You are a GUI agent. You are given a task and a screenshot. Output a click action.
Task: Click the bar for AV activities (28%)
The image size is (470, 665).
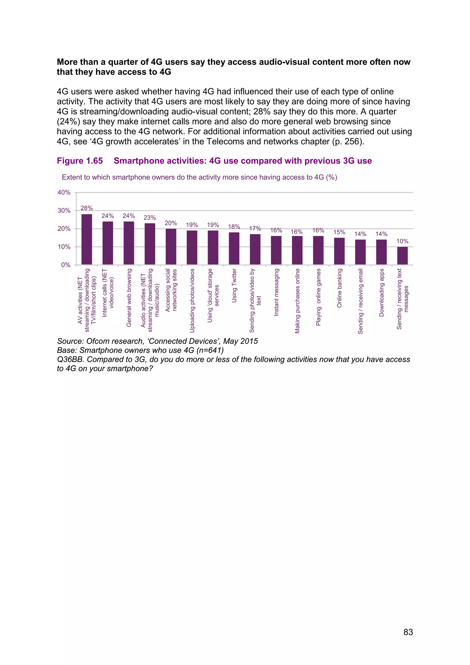point(87,239)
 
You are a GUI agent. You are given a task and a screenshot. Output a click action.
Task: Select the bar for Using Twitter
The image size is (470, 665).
point(234,248)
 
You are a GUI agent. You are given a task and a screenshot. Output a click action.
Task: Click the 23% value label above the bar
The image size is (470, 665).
point(150,217)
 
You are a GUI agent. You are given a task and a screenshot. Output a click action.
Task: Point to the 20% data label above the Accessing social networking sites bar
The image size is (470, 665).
point(171,223)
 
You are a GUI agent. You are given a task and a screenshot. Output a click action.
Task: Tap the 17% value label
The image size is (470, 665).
point(255,228)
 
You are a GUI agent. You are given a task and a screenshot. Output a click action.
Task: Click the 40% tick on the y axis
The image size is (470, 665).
point(64,192)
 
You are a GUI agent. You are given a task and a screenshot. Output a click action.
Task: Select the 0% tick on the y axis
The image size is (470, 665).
point(66,265)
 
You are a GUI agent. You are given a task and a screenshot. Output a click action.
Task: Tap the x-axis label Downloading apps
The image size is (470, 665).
point(381,293)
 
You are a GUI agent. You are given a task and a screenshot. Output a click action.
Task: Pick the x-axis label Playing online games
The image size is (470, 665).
point(318,297)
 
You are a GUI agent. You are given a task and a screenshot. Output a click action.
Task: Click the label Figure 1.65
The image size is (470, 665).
point(80,161)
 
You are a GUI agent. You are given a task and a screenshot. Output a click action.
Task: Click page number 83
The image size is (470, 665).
point(408,632)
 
